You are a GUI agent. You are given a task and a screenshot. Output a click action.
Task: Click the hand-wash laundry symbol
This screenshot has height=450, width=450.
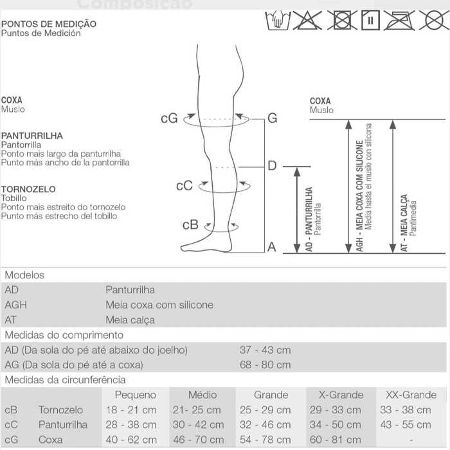coord(278,21)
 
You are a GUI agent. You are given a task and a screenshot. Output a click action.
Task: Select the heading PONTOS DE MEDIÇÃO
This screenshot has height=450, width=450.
coord(49,24)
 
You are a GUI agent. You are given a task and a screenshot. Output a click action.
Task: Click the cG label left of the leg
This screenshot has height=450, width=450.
coord(169,118)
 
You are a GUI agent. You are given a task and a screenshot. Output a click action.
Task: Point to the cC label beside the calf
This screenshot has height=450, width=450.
coord(184,186)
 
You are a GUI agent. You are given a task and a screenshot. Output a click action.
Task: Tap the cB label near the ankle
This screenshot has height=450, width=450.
coord(190,225)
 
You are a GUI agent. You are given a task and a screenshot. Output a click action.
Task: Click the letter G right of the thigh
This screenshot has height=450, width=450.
coord(272,118)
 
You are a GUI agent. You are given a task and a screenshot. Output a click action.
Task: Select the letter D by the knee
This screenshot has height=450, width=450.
coord(271,166)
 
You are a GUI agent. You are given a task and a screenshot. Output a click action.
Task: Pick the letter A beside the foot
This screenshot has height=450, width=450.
coord(271,247)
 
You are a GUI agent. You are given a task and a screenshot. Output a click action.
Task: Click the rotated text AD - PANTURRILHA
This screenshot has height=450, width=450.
coord(309,219)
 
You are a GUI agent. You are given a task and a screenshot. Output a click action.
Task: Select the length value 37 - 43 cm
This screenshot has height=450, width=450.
coord(265,350)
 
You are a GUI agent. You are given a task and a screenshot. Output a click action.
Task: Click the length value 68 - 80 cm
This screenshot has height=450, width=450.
coord(265,364)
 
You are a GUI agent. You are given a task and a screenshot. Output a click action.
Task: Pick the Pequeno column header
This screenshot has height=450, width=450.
coord(135,395)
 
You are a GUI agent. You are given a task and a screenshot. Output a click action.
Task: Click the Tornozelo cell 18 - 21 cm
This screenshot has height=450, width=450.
coord(131,410)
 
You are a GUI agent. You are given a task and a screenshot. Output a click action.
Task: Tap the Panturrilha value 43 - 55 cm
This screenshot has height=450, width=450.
coord(406,424)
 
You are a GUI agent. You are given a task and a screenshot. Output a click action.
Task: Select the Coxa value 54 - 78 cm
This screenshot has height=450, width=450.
coord(265,440)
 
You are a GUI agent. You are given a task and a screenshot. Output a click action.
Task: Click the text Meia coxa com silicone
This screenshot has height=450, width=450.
coord(159,305)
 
